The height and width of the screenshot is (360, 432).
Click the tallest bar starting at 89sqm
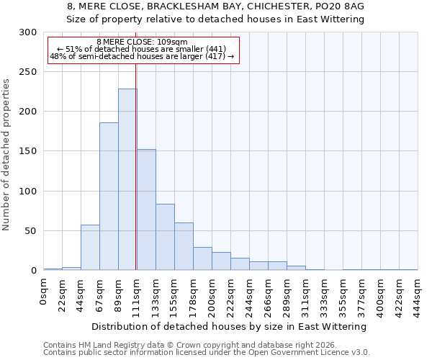127,180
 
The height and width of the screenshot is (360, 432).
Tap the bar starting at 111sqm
146,210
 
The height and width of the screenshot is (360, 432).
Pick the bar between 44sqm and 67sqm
90,248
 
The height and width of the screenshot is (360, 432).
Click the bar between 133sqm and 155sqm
165,237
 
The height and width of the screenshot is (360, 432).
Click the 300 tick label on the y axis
28,32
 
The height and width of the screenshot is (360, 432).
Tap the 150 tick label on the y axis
28,151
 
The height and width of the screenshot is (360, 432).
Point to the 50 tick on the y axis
31,231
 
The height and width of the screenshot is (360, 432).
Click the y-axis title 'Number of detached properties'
6,155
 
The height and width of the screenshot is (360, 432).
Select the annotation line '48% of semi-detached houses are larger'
142,56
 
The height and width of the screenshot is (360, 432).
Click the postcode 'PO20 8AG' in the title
341,6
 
